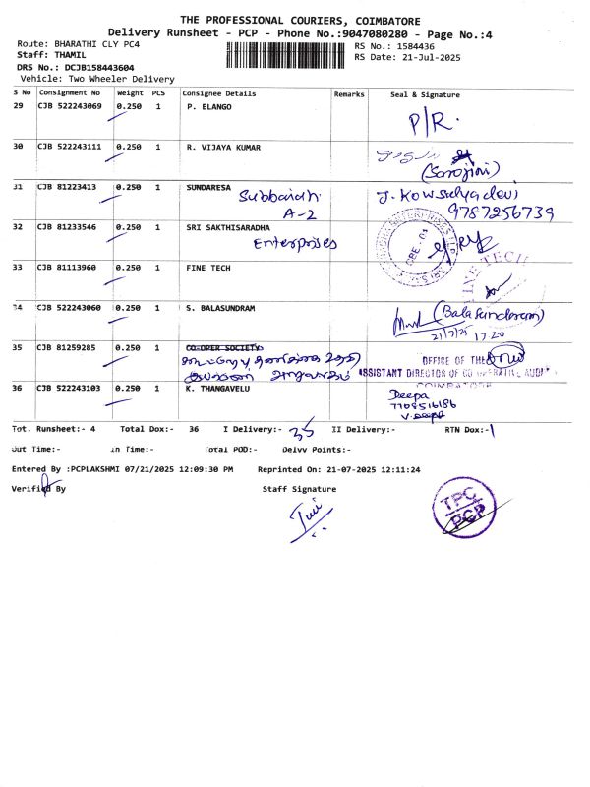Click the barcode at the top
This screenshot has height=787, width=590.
(287, 54)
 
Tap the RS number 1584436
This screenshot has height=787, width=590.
(414, 46)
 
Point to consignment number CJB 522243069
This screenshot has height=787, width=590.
(70, 105)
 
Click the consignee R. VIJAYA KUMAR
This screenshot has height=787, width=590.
(223, 147)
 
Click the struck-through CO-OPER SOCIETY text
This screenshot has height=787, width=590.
(222, 347)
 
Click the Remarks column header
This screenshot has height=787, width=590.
(349, 93)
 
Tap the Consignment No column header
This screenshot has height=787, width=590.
(69, 93)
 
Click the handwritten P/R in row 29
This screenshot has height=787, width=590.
(430, 122)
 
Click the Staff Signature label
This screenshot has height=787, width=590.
(299, 489)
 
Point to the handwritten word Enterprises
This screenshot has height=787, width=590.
(294, 243)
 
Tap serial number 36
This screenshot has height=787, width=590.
(19, 388)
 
